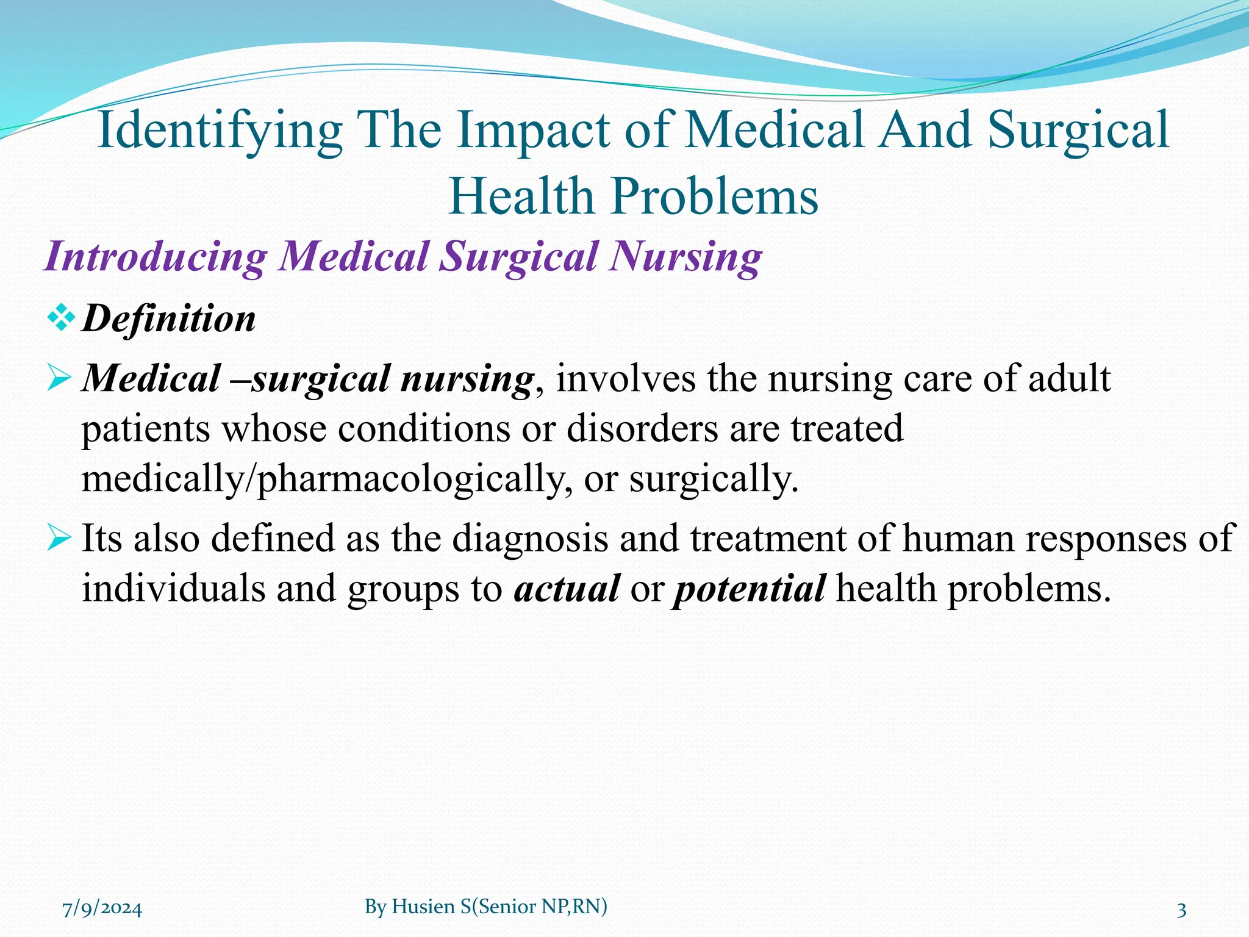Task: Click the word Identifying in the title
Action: click(x=220, y=131)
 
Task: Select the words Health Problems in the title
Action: click(x=633, y=196)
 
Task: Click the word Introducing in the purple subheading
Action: click(x=156, y=256)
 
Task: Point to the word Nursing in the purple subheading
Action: click(x=685, y=256)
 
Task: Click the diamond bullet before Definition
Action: click(x=61, y=317)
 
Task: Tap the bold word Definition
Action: click(x=169, y=318)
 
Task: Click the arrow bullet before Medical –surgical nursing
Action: click(x=59, y=378)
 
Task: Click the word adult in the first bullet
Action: click(x=1069, y=378)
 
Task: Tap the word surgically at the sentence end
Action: click(x=712, y=478)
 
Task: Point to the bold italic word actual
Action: click(x=567, y=588)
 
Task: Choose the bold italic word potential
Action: click(x=749, y=588)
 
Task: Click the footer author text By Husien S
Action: click(x=486, y=907)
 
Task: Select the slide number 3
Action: click(x=1181, y=910)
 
